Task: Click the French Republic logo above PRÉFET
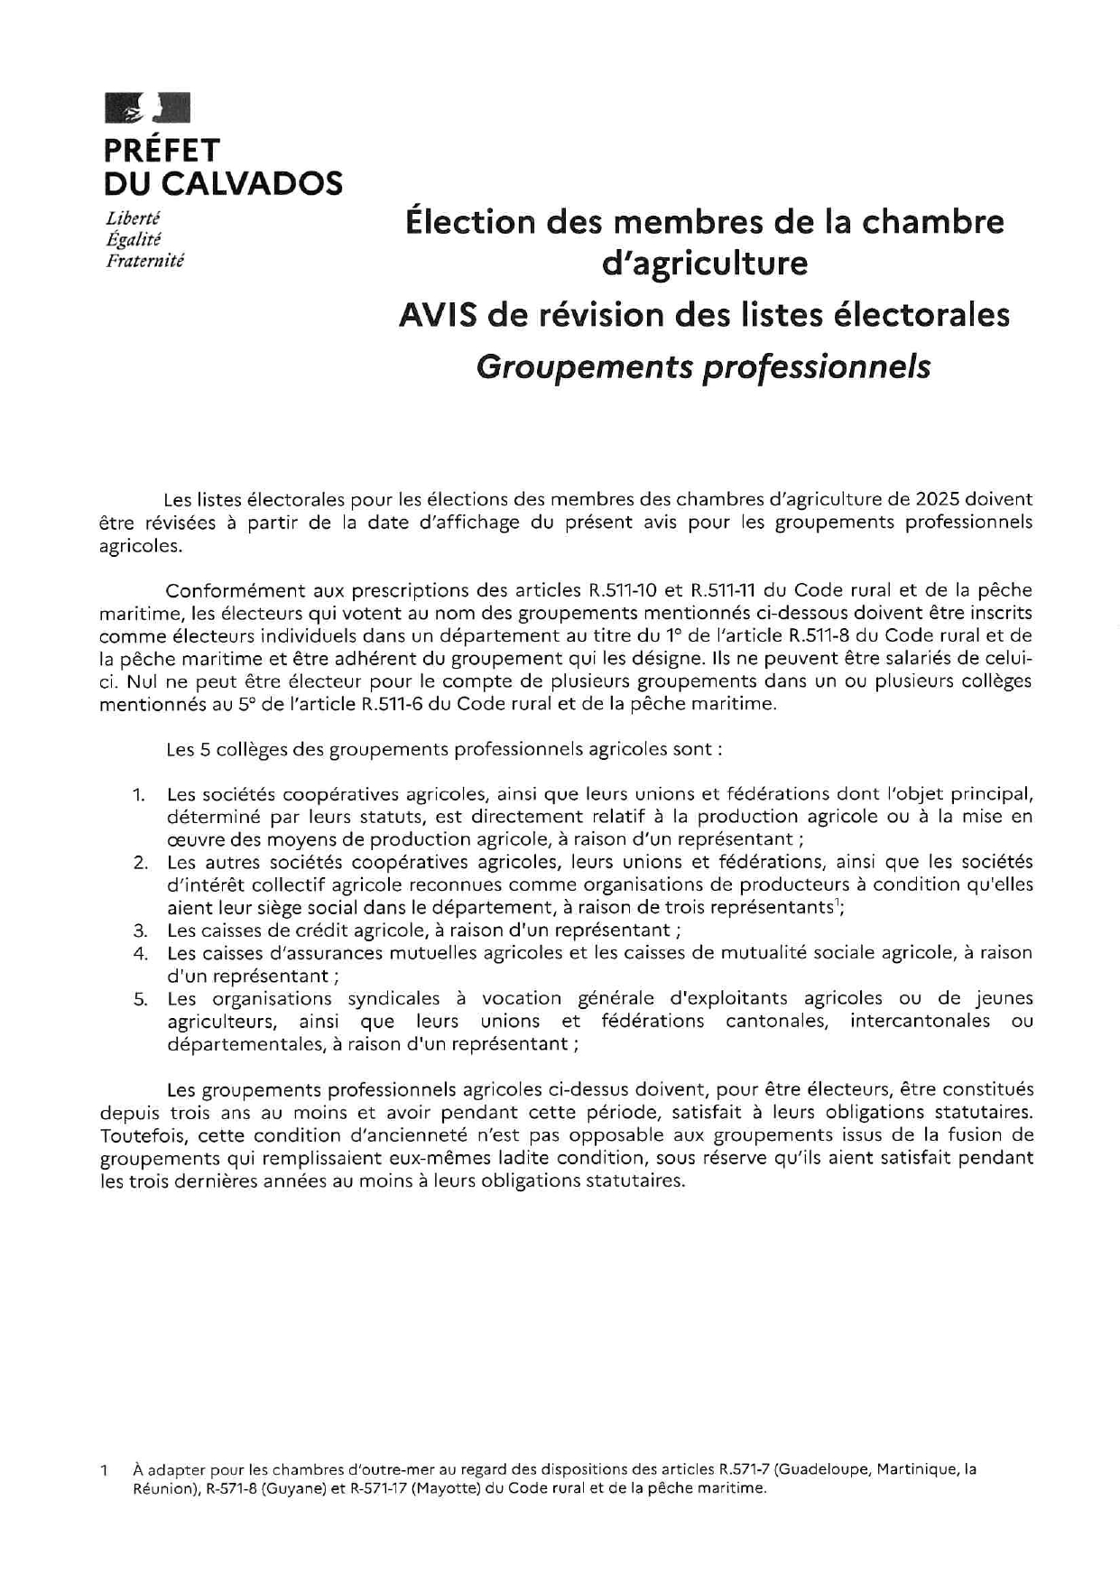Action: (x=147, y=107)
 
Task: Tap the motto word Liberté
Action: (x=133, y=218)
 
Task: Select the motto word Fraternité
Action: (x=144, y=261)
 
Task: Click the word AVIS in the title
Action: (x=430, y=315)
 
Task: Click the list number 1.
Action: (x=138, y=795)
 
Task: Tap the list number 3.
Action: (x=140, y=930)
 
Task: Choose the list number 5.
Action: (x=140, y=999)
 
